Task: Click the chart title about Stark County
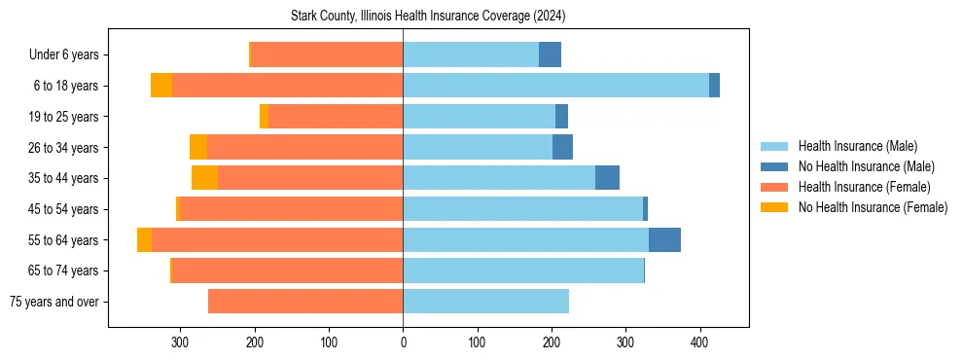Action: tap(428, 17)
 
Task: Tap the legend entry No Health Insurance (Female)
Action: tap(873, 207)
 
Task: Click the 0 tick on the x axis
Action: tap(403, 342)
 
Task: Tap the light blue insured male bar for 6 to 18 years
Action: tap(554, 86)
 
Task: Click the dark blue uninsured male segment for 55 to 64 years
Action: tap(664, 239)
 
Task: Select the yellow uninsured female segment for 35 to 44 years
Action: tap(204, 178)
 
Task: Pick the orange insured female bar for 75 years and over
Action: tap(305, 302)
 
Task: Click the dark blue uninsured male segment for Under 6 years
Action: tap(550, 55)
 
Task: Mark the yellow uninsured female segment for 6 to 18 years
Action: tap(161, 86)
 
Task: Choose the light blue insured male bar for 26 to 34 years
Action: tap(478, 148)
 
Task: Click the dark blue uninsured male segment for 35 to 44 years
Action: tap(607, 178)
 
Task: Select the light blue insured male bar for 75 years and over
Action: tap(485, 302)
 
